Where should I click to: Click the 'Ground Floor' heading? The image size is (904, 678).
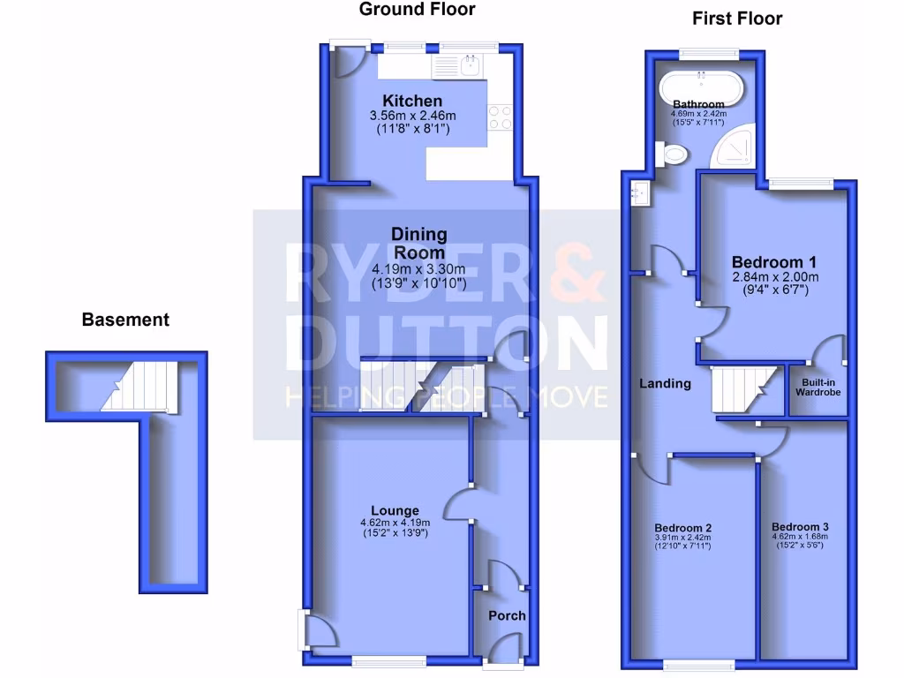click(418, 10)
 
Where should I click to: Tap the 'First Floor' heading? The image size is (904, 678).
click(737, 18)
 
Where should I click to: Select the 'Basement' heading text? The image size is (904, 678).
click(125, 320)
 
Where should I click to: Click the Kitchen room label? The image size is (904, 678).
click(412, 101)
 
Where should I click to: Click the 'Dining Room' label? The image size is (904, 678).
click(419, 244)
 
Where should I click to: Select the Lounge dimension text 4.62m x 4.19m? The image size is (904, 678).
click(394, 522)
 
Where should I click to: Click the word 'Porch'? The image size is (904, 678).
click(507, 615)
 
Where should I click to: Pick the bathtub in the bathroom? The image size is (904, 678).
click(697, 91)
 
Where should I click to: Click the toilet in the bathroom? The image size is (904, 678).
click(675, 155)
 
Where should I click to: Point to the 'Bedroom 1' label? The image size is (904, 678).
click(774, 262)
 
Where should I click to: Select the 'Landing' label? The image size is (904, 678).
click(666, 383)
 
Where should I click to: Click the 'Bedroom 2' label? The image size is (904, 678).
click(683, 527)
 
